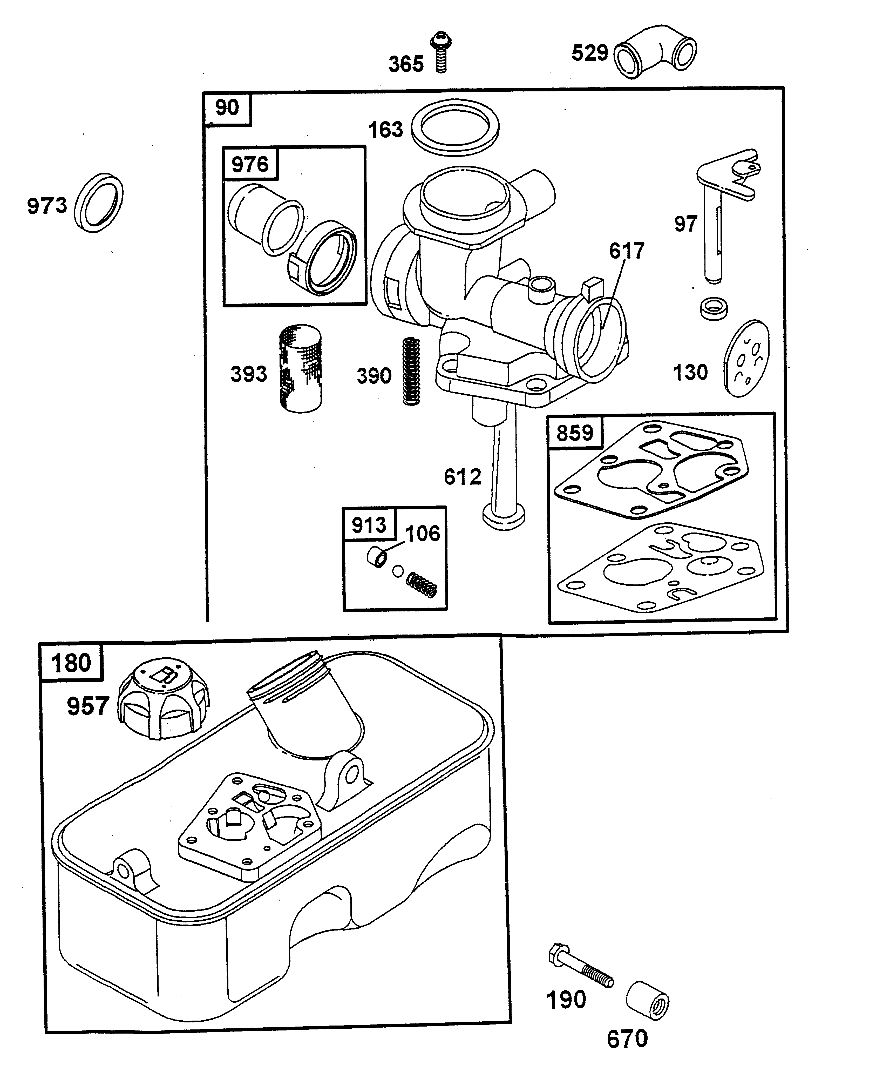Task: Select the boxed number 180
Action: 71,663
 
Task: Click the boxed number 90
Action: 227,107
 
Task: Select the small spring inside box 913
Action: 422,584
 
